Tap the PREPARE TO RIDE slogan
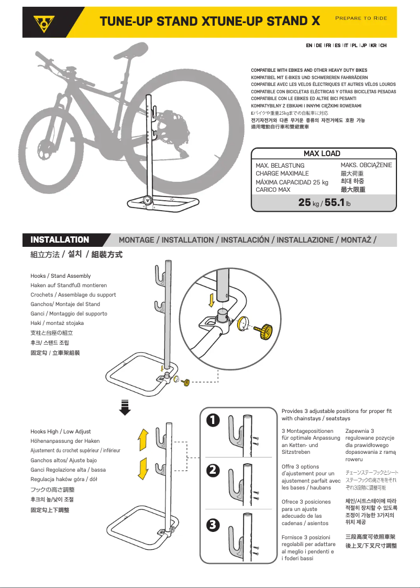[361, 18]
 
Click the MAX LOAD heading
[322, 154]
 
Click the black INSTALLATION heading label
[60, 240]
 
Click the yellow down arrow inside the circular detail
[212, 301]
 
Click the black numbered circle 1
[213, 420]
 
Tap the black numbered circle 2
[213, 471]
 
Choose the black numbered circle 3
[213, 525]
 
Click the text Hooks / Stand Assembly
[61, 276]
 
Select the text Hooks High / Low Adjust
[61, 431]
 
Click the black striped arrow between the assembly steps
[125, 407]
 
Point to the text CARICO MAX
[273, 190]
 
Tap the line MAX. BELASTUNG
[280, 166]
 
